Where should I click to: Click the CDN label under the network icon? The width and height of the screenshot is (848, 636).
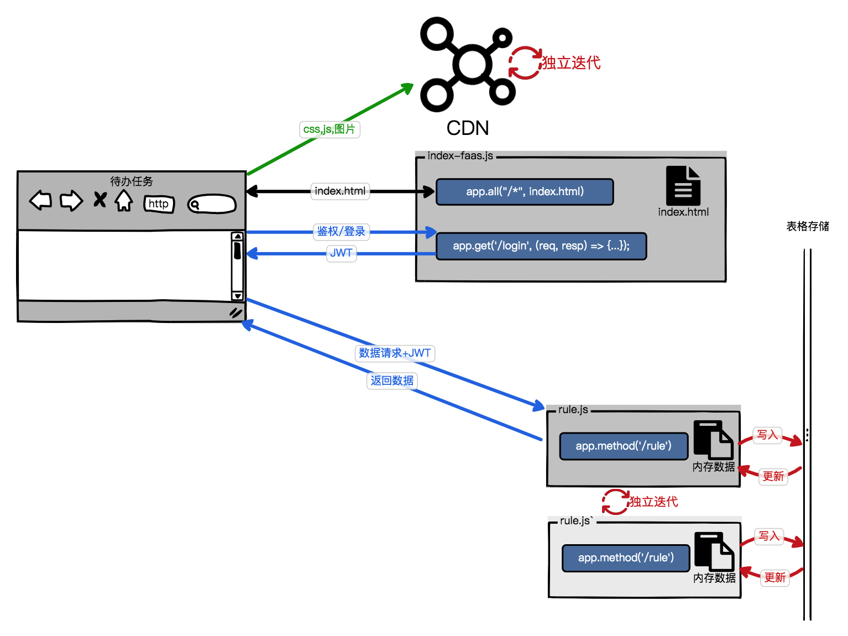pyautogui.click(x=468, y=128)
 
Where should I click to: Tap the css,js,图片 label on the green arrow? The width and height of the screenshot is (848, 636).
pyautogui.click(x=329, y=129)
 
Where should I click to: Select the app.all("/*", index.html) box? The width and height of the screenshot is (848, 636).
pyautogui.click(x=525, y=192)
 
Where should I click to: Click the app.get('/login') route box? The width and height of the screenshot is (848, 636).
pyautogui.click(x=541, y=246)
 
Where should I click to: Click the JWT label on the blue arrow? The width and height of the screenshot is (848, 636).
pyautogui.click(x=341, y=253)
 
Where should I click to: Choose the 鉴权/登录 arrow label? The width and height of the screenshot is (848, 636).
pyautogui.click(x=341, y=231)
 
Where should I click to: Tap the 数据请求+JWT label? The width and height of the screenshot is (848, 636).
pyautogui.click(x=395, y=353)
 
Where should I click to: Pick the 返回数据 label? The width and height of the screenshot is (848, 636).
pyautogui.click(x=392, y=380)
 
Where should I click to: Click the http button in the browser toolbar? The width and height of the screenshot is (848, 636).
pyautogui.click(x=159, y=204)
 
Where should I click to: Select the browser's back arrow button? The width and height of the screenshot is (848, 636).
pyautogui.click(x=40, y=200)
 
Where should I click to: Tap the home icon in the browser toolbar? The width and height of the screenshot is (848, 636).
pyautogui.click(x=124, y=200)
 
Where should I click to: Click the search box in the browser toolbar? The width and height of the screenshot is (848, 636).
pyautogui.click(x=212, y=205)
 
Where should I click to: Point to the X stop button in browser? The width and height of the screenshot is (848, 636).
pyautogui.click(x=100, y=200)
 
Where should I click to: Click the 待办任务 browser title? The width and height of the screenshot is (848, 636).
pyautogui.click(x=132, y=181)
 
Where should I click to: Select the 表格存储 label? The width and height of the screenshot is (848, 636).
pyautogui.click(x=808, y=226)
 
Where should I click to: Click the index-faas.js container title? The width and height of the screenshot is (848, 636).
pyautogui.click(x=460, y=156)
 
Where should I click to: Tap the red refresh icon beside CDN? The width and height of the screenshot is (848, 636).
pyautogui.click(x=525, y=62)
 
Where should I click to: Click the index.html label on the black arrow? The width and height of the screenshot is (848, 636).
pyautogui.click(x=340, y=191)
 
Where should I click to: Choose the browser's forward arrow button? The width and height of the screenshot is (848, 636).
pyautogui.click(x=71, y=200)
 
